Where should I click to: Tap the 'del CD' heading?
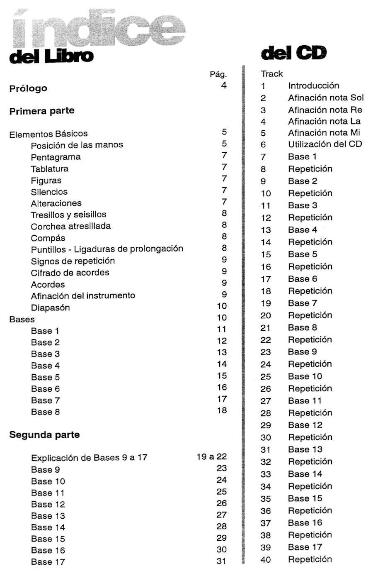coord(293,53)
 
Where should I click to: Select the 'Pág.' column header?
coord(218,75)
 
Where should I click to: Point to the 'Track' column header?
coord(271,74)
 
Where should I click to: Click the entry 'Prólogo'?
coord(28,88)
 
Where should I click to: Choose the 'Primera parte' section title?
coord(42,111)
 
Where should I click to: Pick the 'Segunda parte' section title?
coord(44,435)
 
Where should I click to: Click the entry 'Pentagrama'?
coord(56,157)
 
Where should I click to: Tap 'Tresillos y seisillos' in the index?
coord(68,215)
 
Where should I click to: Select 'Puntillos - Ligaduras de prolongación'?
coord(107,249)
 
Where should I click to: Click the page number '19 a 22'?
coord(211,457)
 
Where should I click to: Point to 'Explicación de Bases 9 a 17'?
coord(89,458)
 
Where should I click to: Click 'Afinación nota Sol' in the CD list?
coord(326,98)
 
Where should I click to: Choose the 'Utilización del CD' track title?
coord(325,144)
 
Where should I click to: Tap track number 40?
coord(266,560)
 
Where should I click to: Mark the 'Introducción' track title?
coord(313,86)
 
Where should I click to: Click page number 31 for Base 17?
coord(221,561)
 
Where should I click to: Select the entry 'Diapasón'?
coord(50,308)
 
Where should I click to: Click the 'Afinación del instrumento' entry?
coord(83,296)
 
